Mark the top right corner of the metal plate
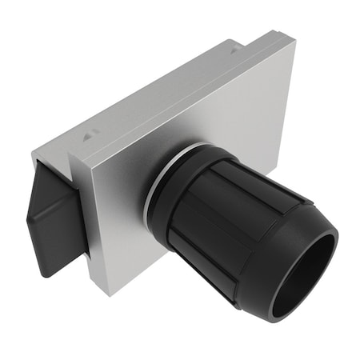(x=294, y=40)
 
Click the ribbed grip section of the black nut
(x=208, y=224)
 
